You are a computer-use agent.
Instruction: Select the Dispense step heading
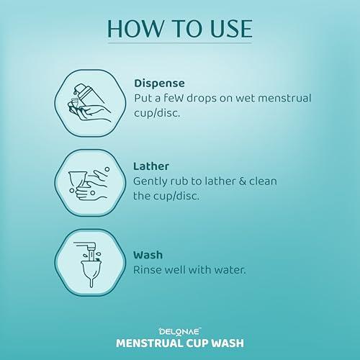(x=159, y=83)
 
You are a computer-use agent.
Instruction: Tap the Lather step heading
(x=151, y=166)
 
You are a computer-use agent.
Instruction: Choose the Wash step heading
(x=149, y=254)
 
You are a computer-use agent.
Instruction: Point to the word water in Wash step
(x=232, y=270)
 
